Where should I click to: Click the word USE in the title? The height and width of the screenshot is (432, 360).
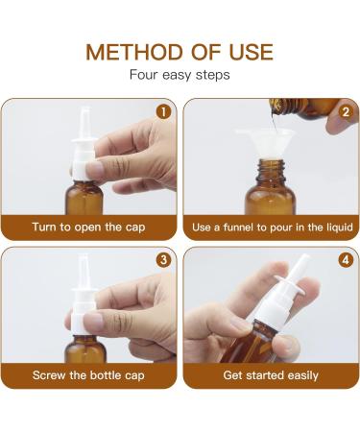(x=248, y=52)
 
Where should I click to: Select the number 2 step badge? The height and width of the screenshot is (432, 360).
(x=345, y=110)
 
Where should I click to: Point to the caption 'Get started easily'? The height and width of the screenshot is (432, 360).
(x=271, y=375)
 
